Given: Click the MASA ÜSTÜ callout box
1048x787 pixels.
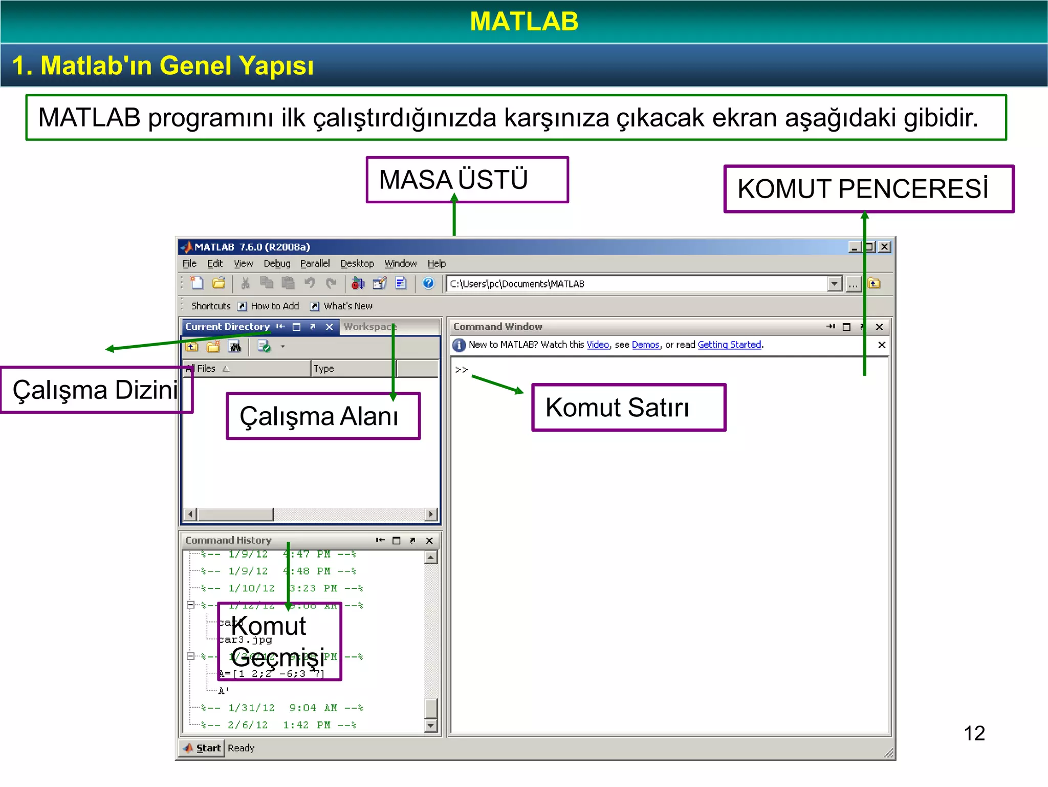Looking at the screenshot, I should (467, 180).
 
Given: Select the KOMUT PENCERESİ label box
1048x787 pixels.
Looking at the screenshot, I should (868, 189).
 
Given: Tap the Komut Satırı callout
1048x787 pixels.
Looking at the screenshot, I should (628, 408).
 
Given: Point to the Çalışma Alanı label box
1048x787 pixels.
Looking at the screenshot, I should (323, 416).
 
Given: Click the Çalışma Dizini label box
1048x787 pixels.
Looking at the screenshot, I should (96, 390).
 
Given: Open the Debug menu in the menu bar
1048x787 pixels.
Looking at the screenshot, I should (277, 263).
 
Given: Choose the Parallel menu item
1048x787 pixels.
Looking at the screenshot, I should (315, 263).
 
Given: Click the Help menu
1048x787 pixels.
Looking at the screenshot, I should (436, 263).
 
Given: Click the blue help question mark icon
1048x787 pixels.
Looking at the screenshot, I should (428, 283).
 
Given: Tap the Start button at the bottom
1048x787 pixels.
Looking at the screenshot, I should (203, 748).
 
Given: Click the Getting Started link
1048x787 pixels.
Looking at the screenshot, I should (729, 345).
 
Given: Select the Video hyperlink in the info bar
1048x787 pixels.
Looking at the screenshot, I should (598, 345).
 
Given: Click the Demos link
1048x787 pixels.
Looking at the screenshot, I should (645, 345).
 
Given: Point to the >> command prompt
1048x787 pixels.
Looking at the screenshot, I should (461, 369).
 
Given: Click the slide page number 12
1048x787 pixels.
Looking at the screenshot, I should (974, 733).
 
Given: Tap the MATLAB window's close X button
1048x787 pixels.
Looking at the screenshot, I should (884, 247).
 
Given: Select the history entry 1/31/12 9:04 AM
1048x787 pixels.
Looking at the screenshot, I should (281, 708).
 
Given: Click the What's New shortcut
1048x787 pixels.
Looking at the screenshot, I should (347, 306).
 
